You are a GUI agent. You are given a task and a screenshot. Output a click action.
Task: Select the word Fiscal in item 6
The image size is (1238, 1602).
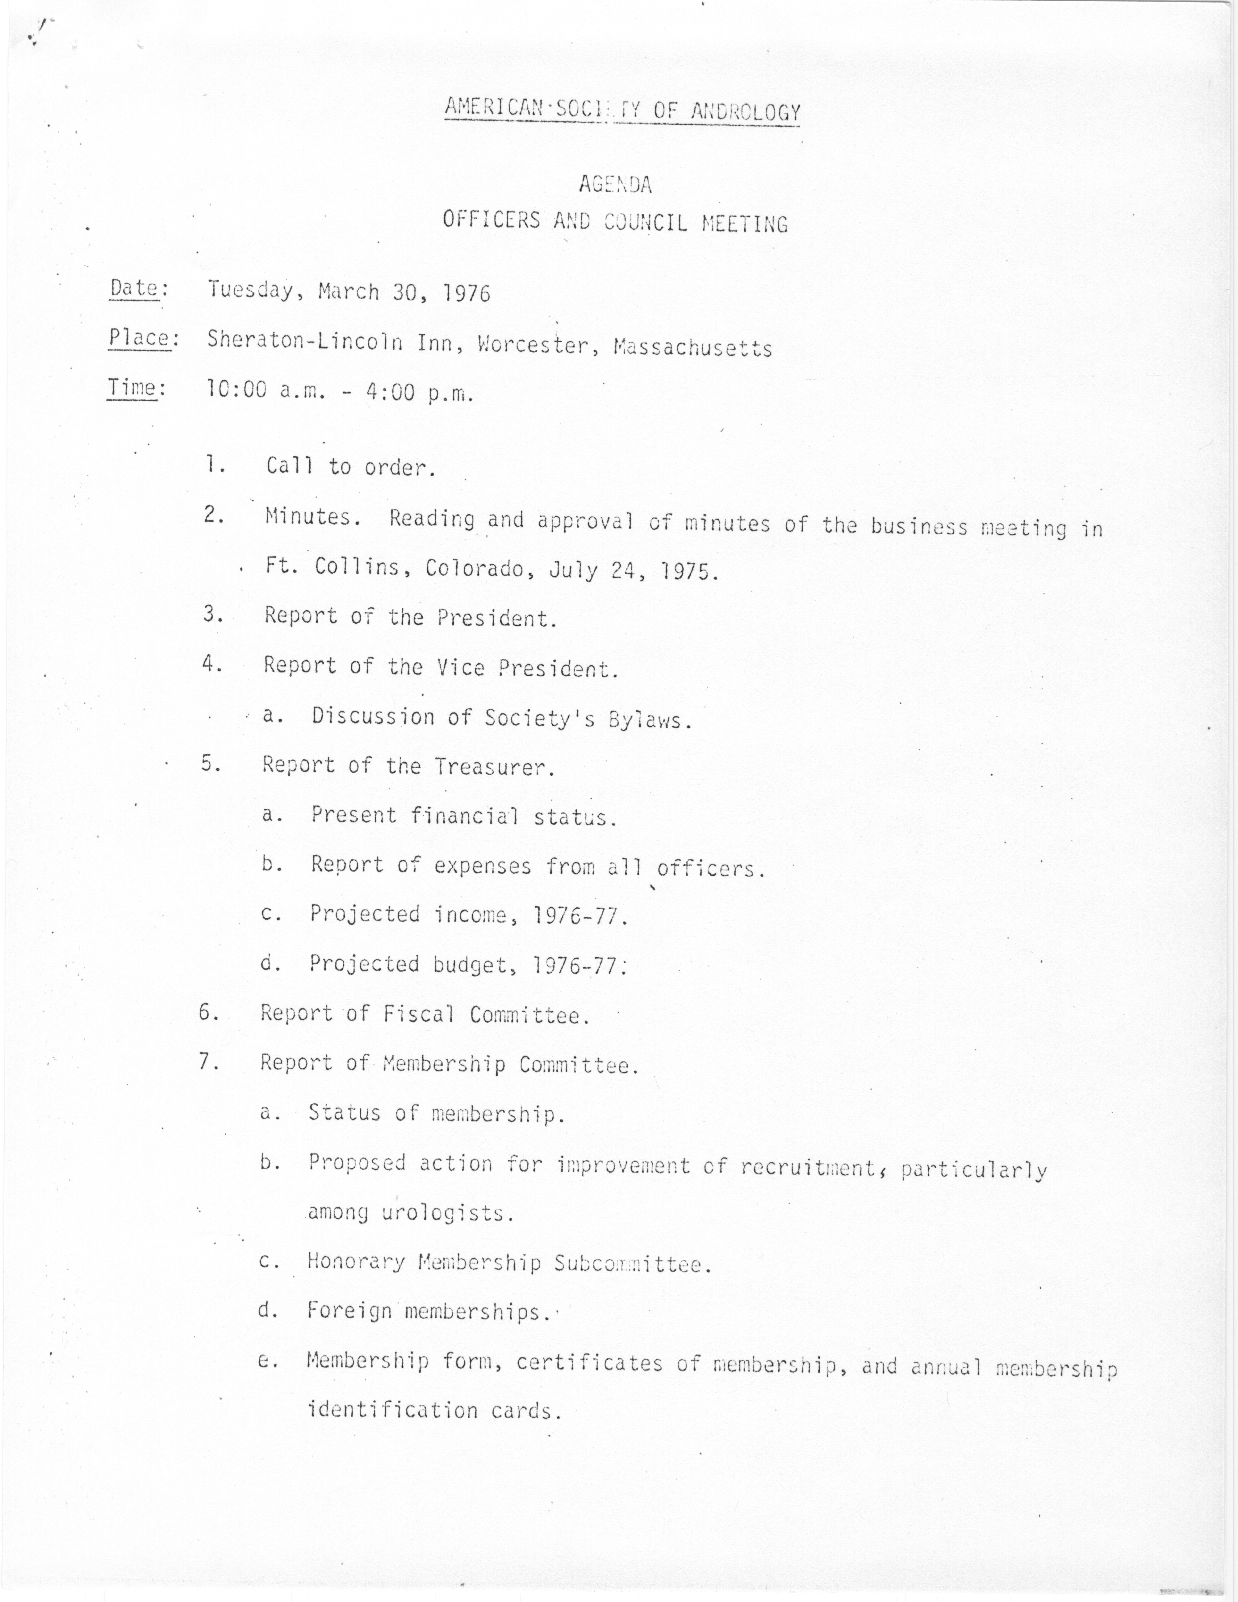click(x=418, y=1014)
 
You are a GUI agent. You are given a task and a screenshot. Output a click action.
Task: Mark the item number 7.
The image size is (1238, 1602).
click(x=209, y=1062)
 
